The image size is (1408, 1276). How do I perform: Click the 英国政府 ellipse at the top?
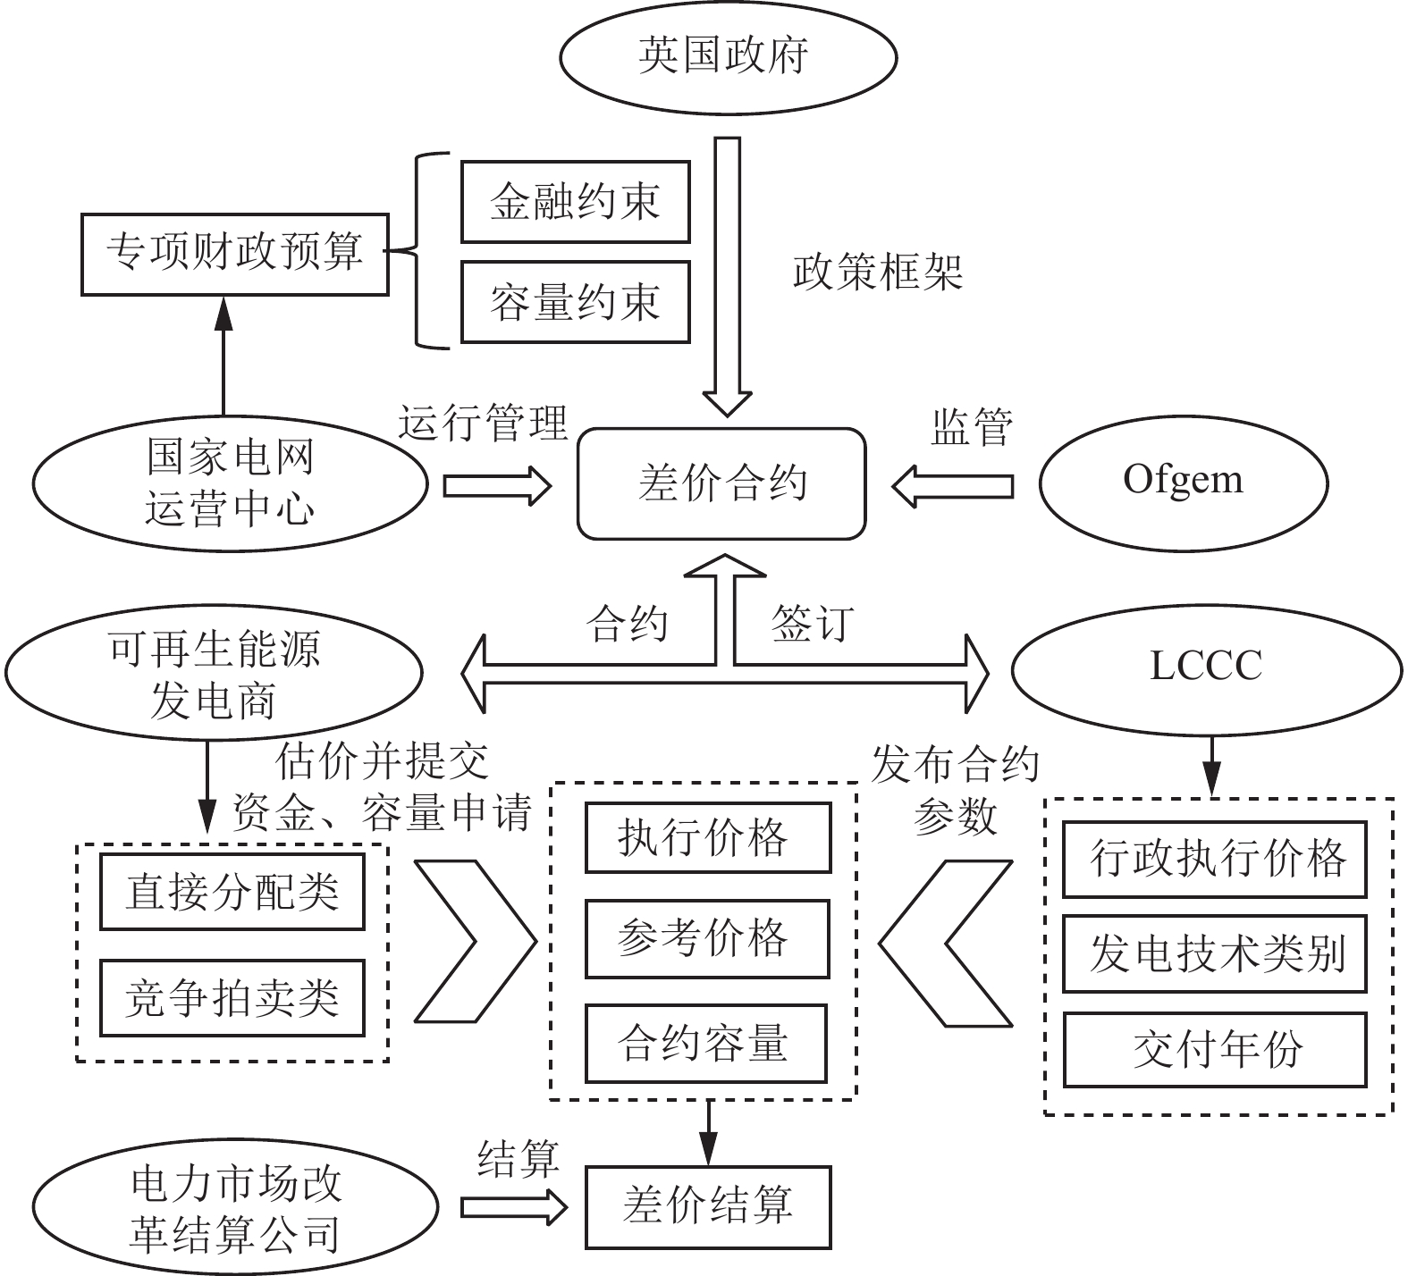(728, 56)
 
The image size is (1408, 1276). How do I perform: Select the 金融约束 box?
(575, 202)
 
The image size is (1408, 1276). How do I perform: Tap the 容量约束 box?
(575, 302)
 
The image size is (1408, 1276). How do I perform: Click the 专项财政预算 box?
(234, 254)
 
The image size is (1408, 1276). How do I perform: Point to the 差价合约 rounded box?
(721, 484)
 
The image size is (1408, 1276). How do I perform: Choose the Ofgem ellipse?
(1182, 482)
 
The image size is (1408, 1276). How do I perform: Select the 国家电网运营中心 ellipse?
(230, 483)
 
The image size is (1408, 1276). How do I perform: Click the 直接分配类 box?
(232, 892)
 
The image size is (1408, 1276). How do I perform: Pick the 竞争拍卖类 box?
(232, 998)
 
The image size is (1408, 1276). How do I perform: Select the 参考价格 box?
(707, 938)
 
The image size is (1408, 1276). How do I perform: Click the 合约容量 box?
(705, 1044)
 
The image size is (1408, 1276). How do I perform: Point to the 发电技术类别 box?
(1214, 953)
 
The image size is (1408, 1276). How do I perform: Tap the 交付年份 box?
(1214, 1050)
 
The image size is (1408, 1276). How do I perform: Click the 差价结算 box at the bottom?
(707, 1206)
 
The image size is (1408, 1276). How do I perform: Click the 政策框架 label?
(878, 272)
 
